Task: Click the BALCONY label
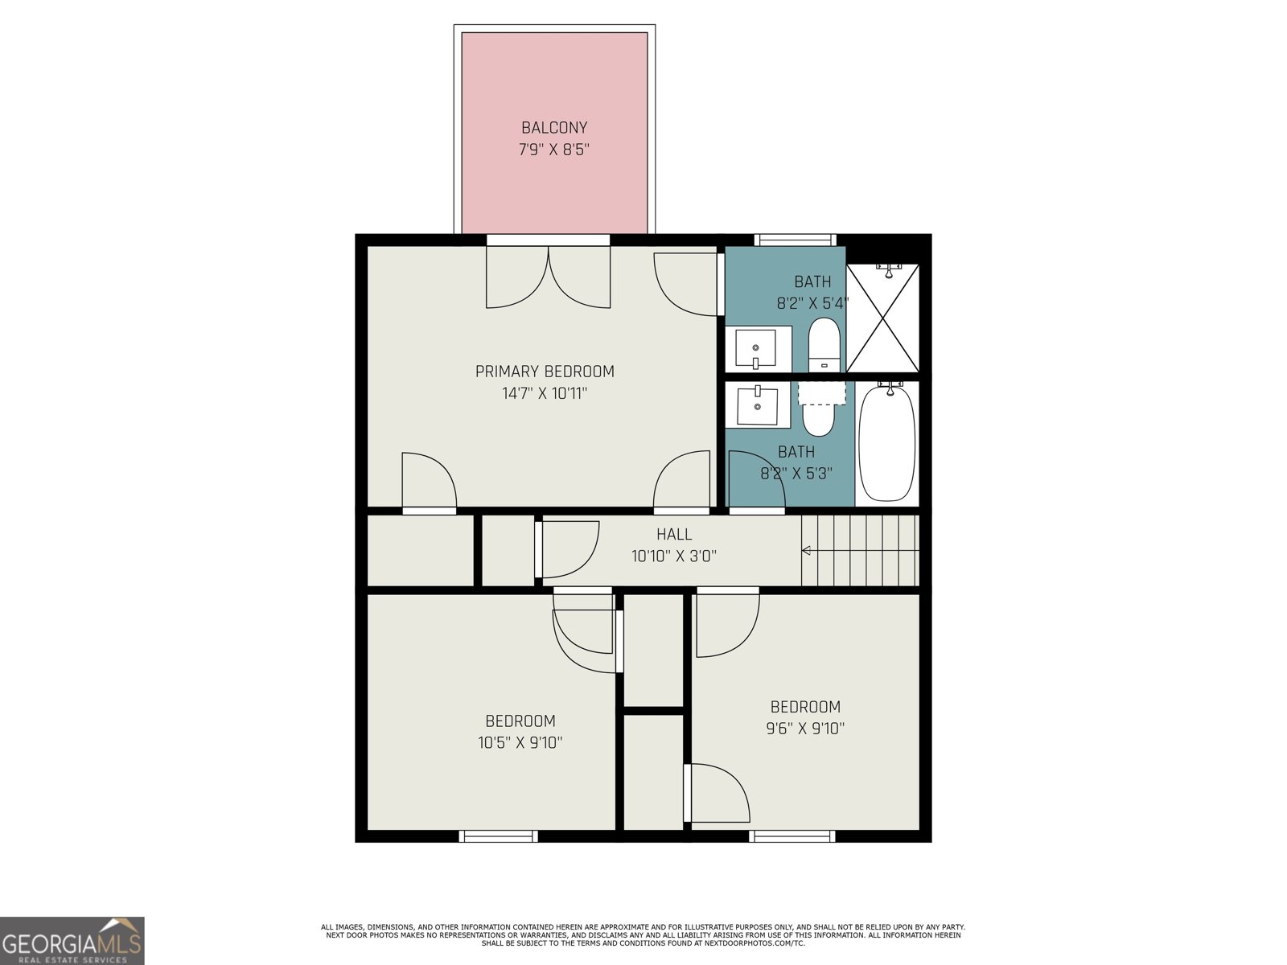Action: point(554,128)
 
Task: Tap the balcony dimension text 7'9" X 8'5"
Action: point(554,150)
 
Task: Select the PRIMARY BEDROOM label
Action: point(545,372)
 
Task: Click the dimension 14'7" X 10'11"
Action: point(545,393)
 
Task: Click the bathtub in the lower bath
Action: point(886,442)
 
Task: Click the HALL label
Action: point(673,534)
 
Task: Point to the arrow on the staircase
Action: point(807,551)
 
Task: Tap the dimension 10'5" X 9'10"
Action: point(520,743)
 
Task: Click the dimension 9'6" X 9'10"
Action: point(805,729)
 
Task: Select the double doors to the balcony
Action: point(549,276)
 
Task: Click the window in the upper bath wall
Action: point(796,240)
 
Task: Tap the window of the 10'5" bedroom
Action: point(498,836)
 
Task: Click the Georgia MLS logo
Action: point(72,940)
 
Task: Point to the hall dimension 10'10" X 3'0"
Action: point(673,556)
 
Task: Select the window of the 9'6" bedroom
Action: point(792,836)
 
